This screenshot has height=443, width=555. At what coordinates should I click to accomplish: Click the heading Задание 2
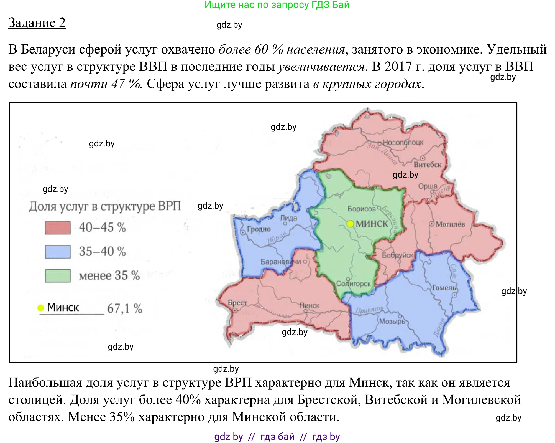[x=37, y=23]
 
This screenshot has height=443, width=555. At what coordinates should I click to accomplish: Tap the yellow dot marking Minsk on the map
[x=350, y=224]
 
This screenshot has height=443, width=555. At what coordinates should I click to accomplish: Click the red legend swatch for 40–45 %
[x=58, y=228]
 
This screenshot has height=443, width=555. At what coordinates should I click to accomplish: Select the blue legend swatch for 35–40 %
[x=58, y=252]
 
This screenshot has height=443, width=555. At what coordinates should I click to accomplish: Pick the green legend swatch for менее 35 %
[x=58, y=276]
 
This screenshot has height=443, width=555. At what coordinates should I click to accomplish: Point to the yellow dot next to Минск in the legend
[x=41, y=308]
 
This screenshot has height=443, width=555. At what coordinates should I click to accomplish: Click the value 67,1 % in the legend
[x=125, y=308]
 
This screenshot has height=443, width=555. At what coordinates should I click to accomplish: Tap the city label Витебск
[x=428, y=164]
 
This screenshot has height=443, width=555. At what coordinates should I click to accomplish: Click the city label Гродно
[x=259, y=229]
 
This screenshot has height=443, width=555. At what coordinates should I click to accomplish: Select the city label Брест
[x=237, y=303]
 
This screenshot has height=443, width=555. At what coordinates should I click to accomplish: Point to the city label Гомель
[x=444, y=288]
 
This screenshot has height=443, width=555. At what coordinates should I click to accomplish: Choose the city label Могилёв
[x=450, y=224]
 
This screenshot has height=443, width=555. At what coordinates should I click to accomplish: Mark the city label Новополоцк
[x=403, y=142]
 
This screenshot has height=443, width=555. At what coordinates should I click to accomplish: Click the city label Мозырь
[x=392, y=322]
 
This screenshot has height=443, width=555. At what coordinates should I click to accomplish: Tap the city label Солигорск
[x=353, y=284]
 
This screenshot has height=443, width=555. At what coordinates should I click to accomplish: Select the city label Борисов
[x=362, y=209]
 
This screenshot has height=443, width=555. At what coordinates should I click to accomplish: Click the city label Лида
[x=288, y=218]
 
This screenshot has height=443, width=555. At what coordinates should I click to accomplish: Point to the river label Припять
[x=370, y=310]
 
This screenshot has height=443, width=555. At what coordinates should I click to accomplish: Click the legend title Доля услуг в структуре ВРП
[x=105, y=206]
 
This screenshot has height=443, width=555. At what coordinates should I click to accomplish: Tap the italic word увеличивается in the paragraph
[x=321, y=67]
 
